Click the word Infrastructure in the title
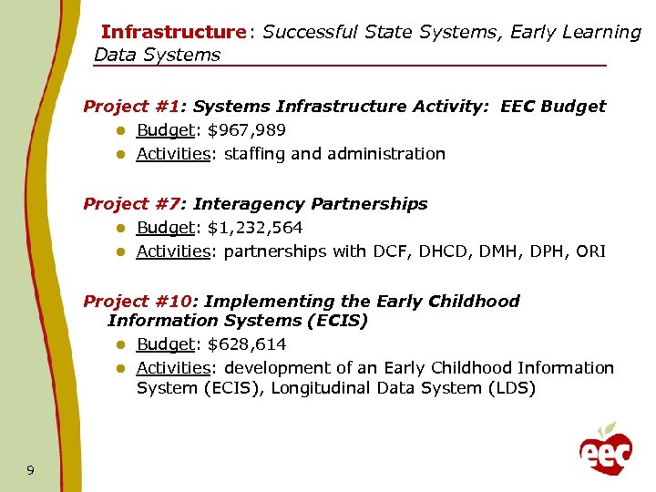tap(173, 33)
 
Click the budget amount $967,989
tap(246, 130)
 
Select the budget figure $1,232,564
tap(255, 228)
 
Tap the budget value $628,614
tap(246, 344)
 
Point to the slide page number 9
tap(31, 470)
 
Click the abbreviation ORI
tap(590, 251)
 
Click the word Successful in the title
tap(309, 33)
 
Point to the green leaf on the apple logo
tap(611, 428)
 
